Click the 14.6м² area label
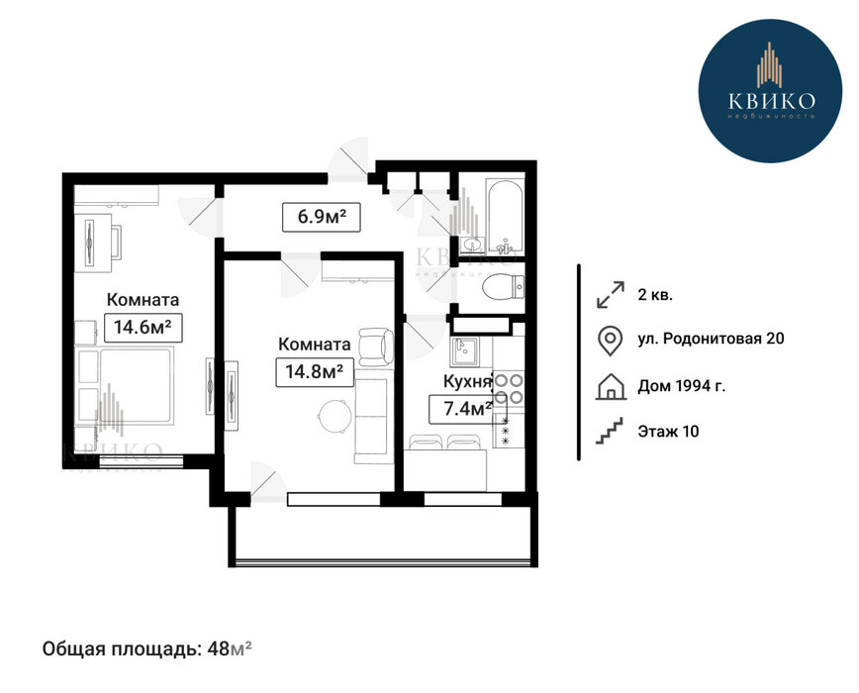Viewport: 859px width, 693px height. click(143, 328)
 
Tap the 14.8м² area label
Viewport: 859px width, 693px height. click(315, 372)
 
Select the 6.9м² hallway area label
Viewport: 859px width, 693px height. click(322, 217)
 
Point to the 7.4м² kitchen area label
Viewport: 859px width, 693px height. click(467, 409)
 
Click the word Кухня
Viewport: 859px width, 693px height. click(467, 382)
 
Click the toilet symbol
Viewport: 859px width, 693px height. click(503, 286)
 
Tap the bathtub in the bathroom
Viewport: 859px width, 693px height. click(505, 216)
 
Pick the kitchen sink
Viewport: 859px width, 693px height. click(463, 351)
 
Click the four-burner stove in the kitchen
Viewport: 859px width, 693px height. click(509, 388)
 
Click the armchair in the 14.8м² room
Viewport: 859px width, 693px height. click(375, 346)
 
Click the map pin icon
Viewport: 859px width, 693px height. click(610, 341)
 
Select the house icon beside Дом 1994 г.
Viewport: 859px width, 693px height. click(611, 386)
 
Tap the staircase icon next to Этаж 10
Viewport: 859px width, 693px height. click(610, 431)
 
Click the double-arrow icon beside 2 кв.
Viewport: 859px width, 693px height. click(611, 295)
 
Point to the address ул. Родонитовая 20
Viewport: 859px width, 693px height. click(711, 339)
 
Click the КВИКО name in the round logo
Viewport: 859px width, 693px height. click(771, 100)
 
